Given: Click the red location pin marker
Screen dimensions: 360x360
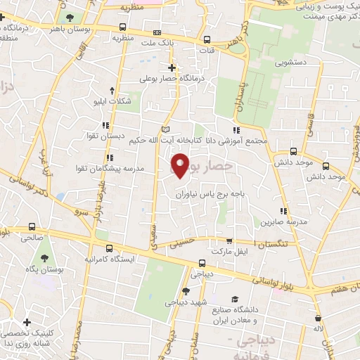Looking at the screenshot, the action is pos(181,165).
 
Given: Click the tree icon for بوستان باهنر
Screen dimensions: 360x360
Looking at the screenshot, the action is pos(68,18).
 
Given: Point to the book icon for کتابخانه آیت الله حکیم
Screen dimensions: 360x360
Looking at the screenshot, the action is pos(165,129).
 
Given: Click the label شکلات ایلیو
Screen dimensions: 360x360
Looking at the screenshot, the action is pos(114,101).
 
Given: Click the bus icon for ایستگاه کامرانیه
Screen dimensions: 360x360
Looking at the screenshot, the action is pos(108,248).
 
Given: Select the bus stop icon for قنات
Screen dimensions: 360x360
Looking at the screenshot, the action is pos(207,40).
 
